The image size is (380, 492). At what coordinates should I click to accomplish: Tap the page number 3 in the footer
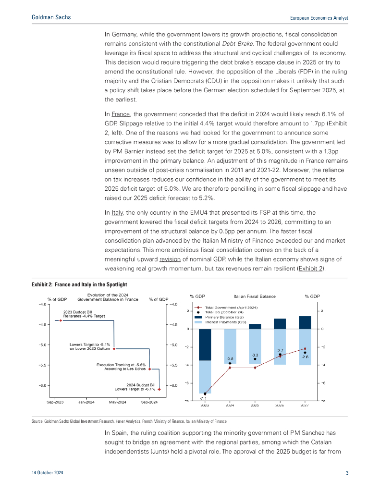pyautogui.click(x=347, y=473)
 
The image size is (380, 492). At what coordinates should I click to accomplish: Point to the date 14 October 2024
pyautogui.click(x=47, y=473)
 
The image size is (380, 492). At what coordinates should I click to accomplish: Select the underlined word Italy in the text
pyautogui.click(x=117, y=212)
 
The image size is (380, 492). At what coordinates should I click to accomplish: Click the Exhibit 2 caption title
pyautogui.click(x=79, y=285)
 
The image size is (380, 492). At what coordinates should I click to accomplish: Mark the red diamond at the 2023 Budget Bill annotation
pyautogui.click(x=61, y=320)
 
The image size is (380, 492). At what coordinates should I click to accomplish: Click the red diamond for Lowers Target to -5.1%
pyautogui.click(x=114, y=349)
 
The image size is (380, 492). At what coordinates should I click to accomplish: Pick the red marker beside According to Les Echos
pyautogui.click(x=149, y=369)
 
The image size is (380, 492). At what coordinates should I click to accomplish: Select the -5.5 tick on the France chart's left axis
pyautogui.click(x=43, y=365)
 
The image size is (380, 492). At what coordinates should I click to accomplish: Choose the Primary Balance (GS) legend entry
pyautogui.click(x=224, y=318)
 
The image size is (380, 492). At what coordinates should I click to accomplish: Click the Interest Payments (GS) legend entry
pyautogui.click(x=225, y=322)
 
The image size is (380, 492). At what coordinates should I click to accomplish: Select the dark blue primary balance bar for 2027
pyautogui.click(x=305, y=322)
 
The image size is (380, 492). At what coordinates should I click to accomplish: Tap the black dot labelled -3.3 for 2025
pyautogui.click(x=255, y=359)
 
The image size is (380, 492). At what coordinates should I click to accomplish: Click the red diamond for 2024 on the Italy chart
pyautogui.click(x=230, y=368)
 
